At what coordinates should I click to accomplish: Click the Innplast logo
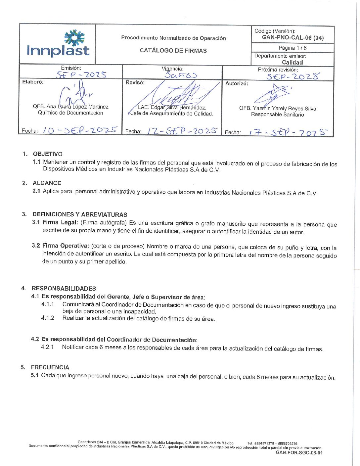coord(58,44)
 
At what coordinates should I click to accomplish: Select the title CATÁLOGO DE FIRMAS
coord(173,51)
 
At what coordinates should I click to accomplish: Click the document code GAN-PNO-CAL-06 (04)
coord(292,38)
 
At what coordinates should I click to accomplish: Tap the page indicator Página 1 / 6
coord(292,48)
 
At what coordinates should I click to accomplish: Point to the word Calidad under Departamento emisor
coord(292,63)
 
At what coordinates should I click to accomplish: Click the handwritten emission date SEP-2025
coord(81,74)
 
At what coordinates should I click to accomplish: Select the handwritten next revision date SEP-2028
coord(293,76)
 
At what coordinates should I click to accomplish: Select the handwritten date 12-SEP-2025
coord(182,131)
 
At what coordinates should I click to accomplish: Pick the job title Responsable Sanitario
coord(277,115)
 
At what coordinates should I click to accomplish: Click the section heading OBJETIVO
coord(48,154)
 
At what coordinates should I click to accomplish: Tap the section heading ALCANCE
coord(47,183)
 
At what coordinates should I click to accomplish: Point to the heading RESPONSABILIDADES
coord(64,288)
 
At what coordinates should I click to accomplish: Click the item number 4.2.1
coord(47,347)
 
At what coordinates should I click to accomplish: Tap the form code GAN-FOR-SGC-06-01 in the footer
coord(299,453)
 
